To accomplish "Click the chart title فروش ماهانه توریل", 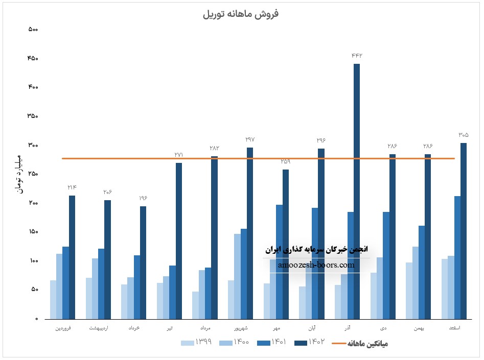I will [241, 14].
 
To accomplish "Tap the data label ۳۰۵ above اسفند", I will [463, 135].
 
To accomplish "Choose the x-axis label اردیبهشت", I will [98, 327].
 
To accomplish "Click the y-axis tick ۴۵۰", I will [33, 58].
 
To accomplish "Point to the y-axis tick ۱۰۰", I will [33, 261].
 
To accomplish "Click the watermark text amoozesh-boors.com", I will [316, 265].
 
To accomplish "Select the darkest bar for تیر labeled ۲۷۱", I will [179, 241].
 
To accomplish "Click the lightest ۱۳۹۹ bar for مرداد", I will [196, 305].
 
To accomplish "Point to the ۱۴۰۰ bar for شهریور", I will [238, 276].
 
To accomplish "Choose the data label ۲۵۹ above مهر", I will [285, 161].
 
